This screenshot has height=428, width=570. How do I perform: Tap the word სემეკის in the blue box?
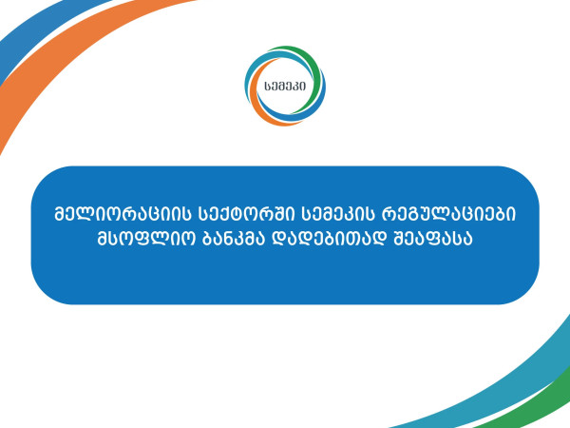(x=338, y=215)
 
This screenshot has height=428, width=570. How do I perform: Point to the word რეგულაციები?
(x=448, y=215)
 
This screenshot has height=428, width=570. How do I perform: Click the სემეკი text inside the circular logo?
(x=285, y=87)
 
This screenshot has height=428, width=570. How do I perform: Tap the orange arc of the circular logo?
(x=255, y=106)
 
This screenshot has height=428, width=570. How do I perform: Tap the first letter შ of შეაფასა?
(x=399, y=239)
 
